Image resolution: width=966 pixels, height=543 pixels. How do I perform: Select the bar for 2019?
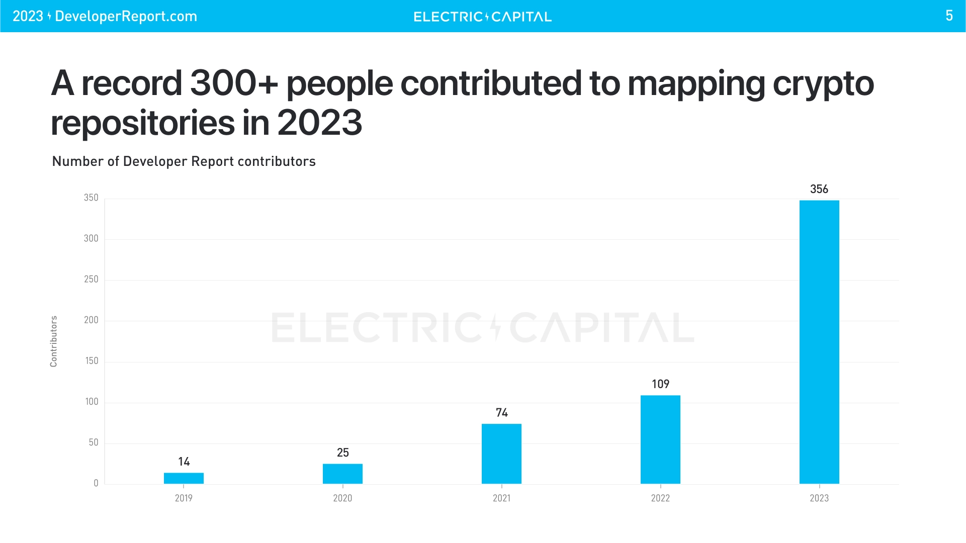coord(184,478)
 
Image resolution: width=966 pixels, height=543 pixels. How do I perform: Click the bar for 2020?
coord(342,474)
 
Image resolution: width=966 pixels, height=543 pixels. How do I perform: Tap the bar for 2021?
coord(501,454)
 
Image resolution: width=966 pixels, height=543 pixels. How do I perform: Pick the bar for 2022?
coord(660,439)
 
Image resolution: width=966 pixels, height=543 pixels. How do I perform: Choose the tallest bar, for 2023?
coord(819,342)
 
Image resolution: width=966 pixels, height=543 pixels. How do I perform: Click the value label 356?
coord(819,189)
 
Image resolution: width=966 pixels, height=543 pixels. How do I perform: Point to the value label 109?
coord(660,384)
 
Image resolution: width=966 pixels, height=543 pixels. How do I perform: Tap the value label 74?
coord(501,413)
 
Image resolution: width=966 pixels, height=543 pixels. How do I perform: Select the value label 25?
coord(342,452)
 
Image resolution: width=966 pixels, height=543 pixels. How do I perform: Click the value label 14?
coord(184,462)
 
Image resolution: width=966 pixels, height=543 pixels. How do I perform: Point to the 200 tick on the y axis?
coord(91,320)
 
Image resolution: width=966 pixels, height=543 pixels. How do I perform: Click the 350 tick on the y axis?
coord(91,198)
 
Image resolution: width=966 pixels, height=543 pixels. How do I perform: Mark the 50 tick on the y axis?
coord(94,442)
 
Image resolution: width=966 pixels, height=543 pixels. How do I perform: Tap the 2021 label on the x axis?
coord(501,498)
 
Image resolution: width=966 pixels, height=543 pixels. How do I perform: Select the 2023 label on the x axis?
coord(819,498)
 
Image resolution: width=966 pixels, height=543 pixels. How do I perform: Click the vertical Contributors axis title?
coord(54,341)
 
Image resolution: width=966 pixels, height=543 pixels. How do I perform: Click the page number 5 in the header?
coord(949,16)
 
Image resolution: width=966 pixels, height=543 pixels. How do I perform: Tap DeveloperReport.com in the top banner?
coord(126,16)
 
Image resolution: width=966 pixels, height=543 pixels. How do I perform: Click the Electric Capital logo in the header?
coord(482,17)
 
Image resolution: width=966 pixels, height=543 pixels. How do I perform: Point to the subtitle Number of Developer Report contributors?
coord(184,161)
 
